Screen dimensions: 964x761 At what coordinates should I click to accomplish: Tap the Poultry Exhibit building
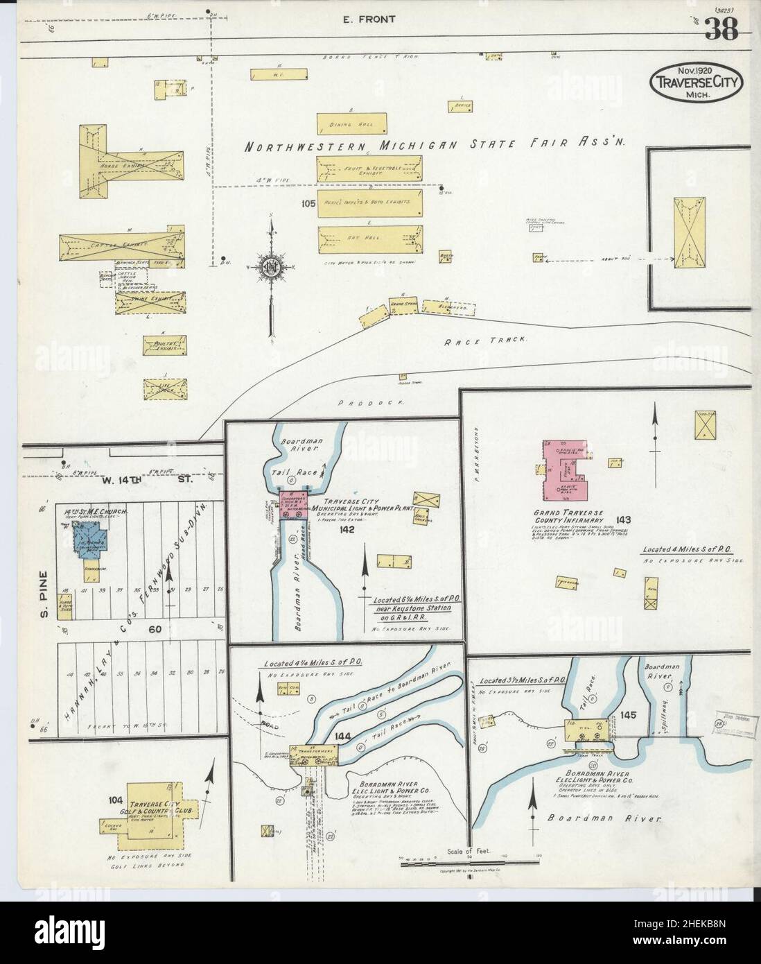pos(165,345)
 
